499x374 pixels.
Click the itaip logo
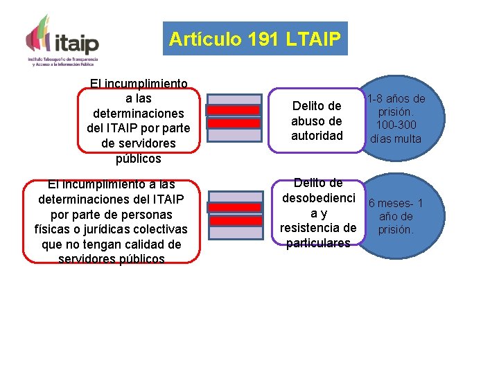click(63, 39)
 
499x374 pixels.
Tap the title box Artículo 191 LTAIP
click(254, 39)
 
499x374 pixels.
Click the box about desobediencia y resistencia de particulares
click(318, 213)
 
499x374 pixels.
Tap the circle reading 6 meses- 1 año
click(396, 216)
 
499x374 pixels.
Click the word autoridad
click(317, 136)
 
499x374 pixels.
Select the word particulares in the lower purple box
click(318, 242)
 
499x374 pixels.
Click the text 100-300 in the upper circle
click(396, 125)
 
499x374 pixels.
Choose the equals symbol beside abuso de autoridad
click(234, 117)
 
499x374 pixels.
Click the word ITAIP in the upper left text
click(126, 128)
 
